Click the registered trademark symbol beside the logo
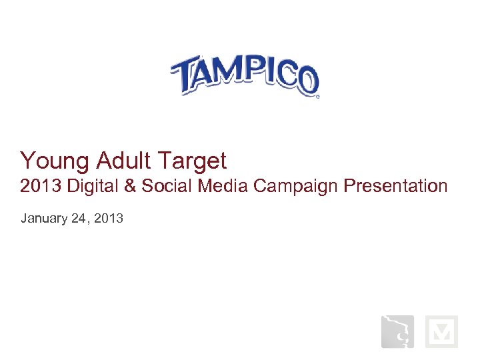click(x=317, y=97)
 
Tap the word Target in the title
click(x=193, y=161)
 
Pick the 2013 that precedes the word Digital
click(x=38, y=186)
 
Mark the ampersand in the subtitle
click(x=129, y=186)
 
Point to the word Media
click(x=225, y=186)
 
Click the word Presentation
click(x=395, y=186)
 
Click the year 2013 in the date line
click(x=109, y=218)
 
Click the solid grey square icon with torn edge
click(x=397, y=331)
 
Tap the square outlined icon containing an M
click(x=441, y=331)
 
